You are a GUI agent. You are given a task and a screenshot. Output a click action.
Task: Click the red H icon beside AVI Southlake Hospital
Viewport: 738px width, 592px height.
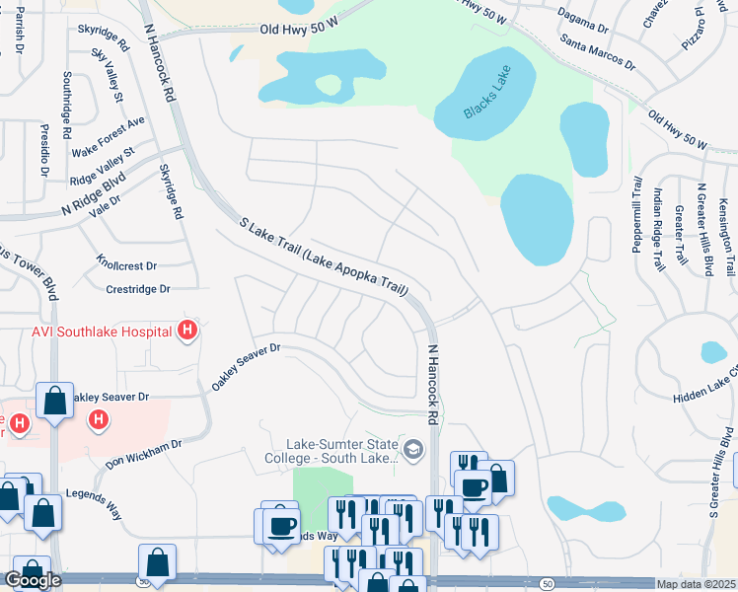(x=187, y=333)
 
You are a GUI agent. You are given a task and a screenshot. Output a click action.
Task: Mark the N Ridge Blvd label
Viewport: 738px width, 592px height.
(x=94, y=194)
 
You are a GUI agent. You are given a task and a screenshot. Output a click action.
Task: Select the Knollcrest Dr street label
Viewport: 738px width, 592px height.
(x=126, y=265)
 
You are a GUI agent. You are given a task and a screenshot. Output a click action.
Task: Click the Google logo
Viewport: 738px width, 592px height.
(x=32, y=580)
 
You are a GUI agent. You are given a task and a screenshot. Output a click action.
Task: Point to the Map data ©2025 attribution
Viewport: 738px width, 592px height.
(x=696, y=585)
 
